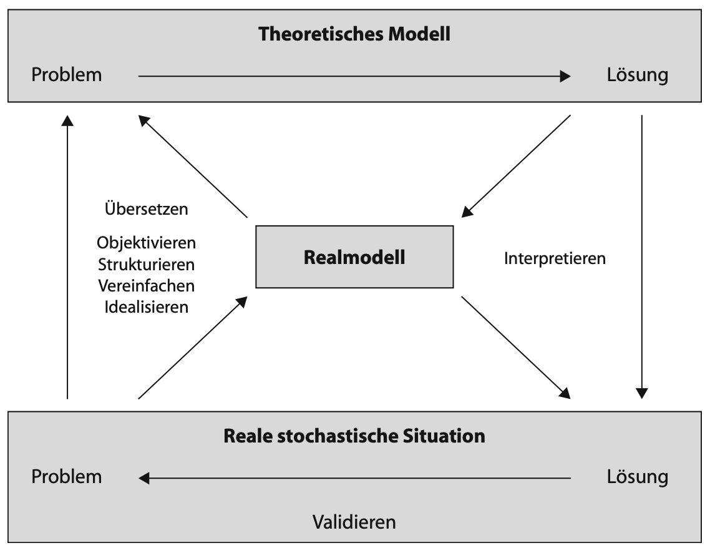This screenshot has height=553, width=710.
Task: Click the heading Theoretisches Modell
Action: (x=354, y=34)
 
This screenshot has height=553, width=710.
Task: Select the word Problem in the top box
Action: (x=67, y=76)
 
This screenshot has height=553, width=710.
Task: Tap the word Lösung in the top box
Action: (x=637, y=76)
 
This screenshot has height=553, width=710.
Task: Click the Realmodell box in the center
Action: (x=354, y=257)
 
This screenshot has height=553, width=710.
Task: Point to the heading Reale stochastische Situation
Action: (x=354, y=436)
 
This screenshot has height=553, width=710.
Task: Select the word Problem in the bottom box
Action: (x=67, y=477)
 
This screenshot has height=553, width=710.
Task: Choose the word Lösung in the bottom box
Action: (x=637, y=477)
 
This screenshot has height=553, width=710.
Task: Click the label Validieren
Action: (x=354, y=521)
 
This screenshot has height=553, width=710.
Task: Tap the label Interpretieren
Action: (x=555, y=258)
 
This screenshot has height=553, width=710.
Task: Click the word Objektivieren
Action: (x=147, y=243)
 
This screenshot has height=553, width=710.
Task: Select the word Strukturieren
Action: (x=147, y=264)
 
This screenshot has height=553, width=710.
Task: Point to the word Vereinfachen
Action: (x=147, y=286)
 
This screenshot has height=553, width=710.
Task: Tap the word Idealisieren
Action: (x=147, y=307)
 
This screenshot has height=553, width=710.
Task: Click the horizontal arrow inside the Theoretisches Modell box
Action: (x=354, y=76)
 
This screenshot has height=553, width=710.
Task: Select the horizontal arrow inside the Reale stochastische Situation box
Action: (x=354, y=479)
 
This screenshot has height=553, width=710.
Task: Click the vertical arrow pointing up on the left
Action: (x=67, y=256)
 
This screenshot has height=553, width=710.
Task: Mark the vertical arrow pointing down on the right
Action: (x=641, y=256)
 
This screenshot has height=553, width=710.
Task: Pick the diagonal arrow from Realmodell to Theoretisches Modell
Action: (x=193, y=166)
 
